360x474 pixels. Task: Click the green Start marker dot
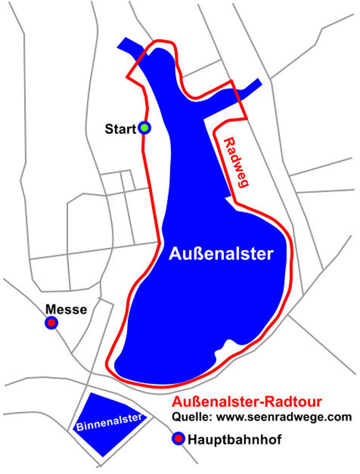pyautogui.click(x=144, y=128)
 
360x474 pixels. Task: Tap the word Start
pyautogui.click(x=120, y=129)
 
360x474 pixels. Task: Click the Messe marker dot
pyautogui.click(x=51, y=323)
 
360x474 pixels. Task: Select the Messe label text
pyautogui.click(x=66, y=309)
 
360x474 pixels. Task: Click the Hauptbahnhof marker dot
pyautogui.click(x=178, y=439)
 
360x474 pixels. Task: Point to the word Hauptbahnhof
pyautogui.click(x=234, y=439)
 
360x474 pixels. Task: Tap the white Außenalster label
pyautogui.click(x=221, y=254)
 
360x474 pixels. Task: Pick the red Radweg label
pyautogui.click(x=234, y=163)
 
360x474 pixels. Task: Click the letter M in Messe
pyautogui.click(x=50, y=309)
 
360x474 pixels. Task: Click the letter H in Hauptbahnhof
pyautogui.click(x=192, y=439)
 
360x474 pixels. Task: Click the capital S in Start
pyautogui.click(x=108, y=129)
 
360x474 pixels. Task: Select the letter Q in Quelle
pyautogui.click(x=176, y=417)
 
